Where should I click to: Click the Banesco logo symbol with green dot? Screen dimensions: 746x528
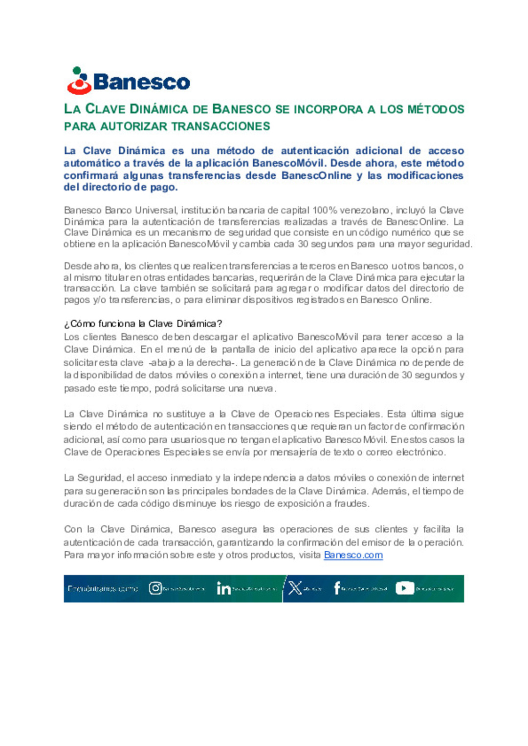click(79, 81)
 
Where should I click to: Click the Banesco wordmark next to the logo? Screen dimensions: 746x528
click(141, 82)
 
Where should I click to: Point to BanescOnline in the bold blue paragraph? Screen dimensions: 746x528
click(316, 175)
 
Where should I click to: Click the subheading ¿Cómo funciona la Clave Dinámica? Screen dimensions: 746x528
click(143, 324)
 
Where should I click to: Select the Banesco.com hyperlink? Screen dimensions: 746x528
click(353, 555)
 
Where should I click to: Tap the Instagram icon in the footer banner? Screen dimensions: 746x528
click(155, 588)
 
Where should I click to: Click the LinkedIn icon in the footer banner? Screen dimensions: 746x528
click(223, 588)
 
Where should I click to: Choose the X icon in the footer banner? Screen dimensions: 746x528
click(295, 588)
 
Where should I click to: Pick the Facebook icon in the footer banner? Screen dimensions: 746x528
click(337, 588)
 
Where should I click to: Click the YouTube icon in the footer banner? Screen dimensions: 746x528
click(404, 588)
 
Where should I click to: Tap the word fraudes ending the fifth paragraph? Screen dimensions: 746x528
click(351, 503)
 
